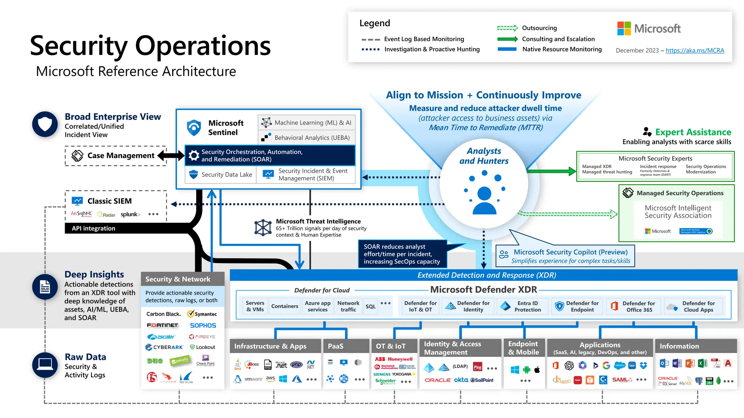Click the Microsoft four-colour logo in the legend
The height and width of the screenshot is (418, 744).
click(624, 28)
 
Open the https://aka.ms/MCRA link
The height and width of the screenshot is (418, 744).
click(695, 50)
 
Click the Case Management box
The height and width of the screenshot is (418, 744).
click(116, 156)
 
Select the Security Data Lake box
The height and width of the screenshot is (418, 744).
click(221, 175)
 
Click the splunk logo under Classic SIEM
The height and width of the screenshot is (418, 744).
click(130, 214)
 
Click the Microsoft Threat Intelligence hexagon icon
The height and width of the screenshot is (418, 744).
click(263, 228)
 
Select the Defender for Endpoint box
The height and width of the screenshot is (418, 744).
click(577, 306)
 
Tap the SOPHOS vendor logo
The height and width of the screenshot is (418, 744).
click(203, 325)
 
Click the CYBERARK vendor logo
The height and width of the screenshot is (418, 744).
click(164, 347)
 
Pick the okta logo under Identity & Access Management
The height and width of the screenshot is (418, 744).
click(461, 380)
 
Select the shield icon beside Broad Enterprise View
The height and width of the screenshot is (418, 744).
click(45, 124)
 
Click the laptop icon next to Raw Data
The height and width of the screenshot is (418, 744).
click(45, 365)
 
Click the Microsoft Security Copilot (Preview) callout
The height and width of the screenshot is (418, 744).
click(565, 256)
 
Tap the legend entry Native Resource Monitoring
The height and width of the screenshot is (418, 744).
click(562, 49)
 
